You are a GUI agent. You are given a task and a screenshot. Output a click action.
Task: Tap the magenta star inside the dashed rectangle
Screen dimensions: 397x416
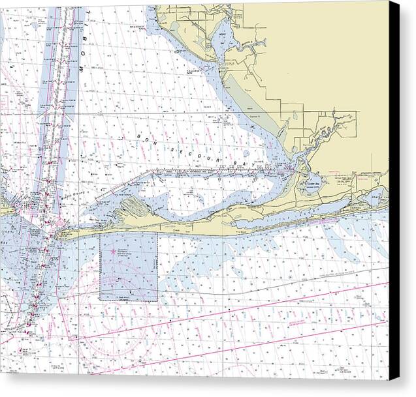coord(113,251)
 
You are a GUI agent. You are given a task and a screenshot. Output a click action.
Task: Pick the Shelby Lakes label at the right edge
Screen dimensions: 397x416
coord(380,194)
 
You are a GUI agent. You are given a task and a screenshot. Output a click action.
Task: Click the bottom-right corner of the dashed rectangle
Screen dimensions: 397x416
coord(157,301)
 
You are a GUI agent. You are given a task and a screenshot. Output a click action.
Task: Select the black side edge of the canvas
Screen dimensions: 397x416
coord(394,196)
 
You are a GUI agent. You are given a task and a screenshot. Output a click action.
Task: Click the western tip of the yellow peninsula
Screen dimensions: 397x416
coord(61,234)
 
